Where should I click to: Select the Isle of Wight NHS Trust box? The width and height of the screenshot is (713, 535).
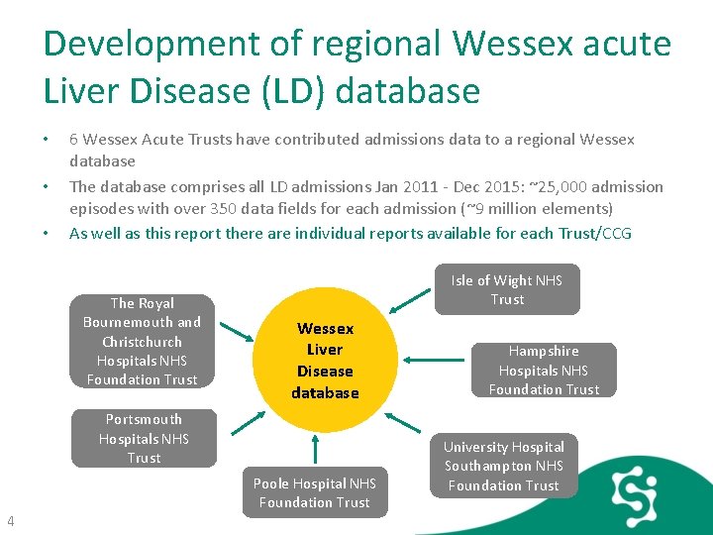(x=507, y=289)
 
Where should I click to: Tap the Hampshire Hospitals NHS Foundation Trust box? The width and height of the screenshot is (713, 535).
(x=544, y=370)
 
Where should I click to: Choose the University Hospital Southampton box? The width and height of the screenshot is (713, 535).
(x=504, y=466)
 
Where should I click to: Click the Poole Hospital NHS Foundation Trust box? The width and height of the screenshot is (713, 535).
(x=315, y=492)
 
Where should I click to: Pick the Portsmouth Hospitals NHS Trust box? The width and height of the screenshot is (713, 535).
(x=144, y=438)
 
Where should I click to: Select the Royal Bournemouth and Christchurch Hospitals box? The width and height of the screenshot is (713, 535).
(x=143, y=341)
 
